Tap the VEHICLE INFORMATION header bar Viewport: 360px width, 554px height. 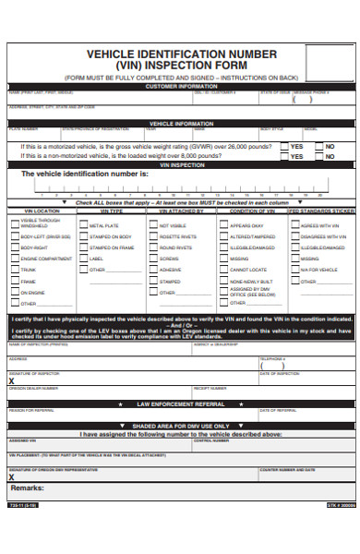click(x=181, y=123)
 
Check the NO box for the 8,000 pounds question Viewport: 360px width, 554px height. click(x=318, y=156)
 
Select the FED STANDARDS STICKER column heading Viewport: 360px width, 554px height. click(x=320, y=211)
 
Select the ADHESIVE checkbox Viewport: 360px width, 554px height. click(x=153, y=270)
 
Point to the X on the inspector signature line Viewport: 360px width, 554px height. click(x=11, y=379)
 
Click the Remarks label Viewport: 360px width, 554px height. click(x=28, y=487)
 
